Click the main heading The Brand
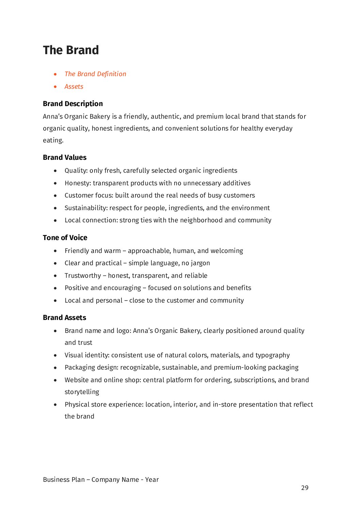point(71,50)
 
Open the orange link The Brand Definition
point(95,74)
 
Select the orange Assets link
point(74,87)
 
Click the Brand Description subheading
point(73,104)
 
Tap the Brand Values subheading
point(65,157)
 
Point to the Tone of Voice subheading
point(65,238)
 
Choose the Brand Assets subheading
point(64,318)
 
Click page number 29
point(305,488)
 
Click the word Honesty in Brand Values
point(77,183)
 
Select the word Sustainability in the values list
point(86,208)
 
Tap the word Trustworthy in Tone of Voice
point(83,276)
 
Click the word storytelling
point(82,392)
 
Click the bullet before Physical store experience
point(55,405)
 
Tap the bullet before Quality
point(55,171)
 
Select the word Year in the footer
point(152,480)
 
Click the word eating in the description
point(53,140)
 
